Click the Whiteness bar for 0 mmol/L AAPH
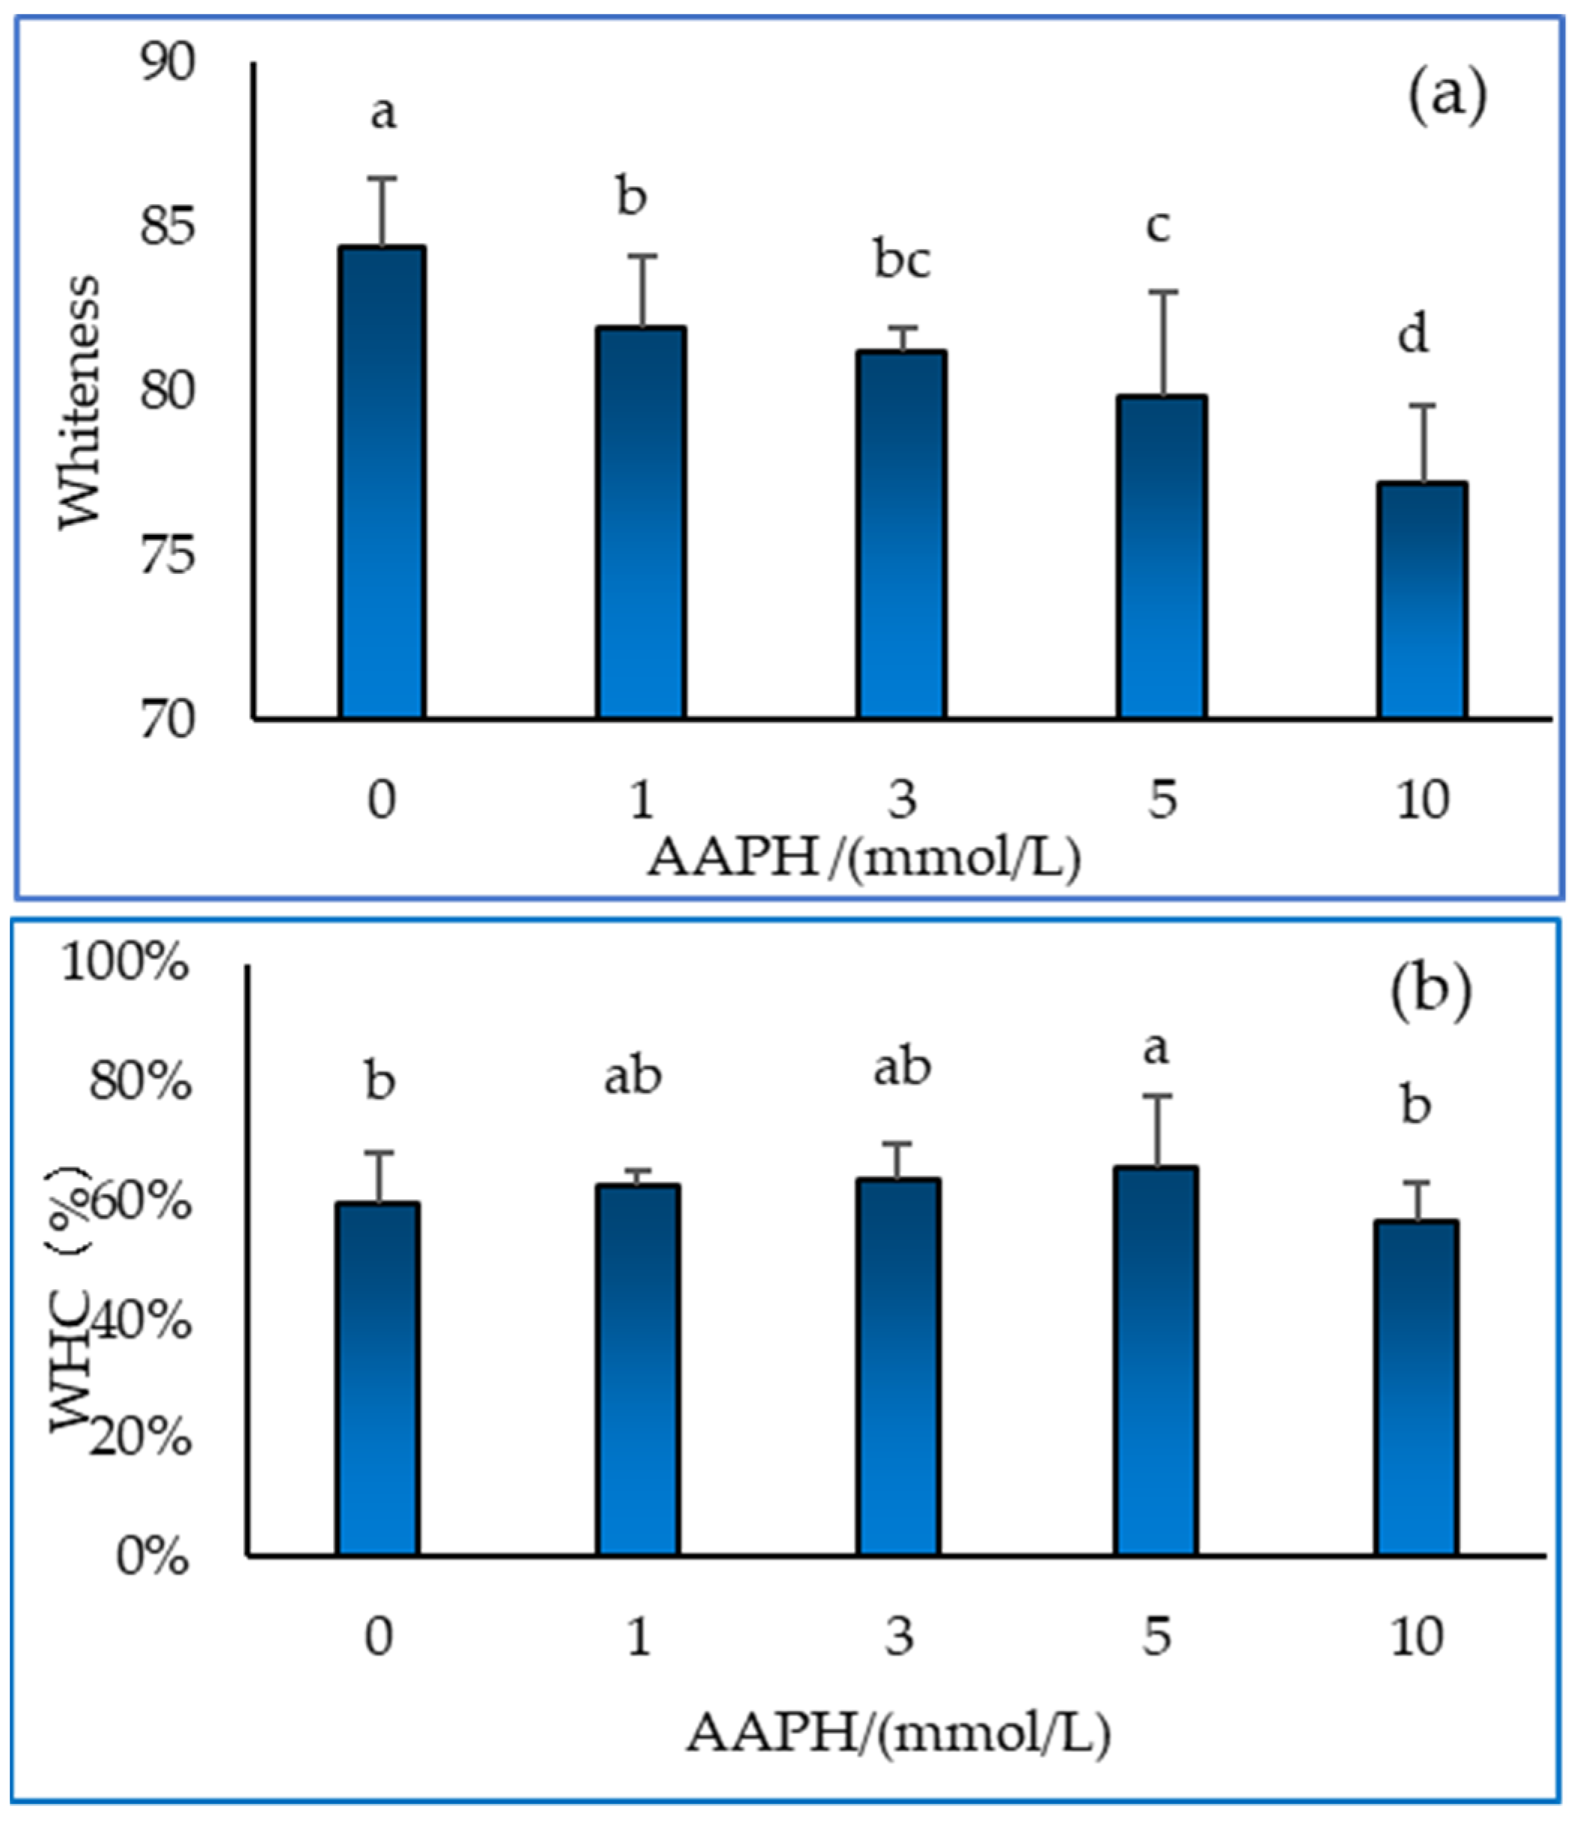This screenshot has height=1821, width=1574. (382, 483)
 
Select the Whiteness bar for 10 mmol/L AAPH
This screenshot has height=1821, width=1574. (1421, 602)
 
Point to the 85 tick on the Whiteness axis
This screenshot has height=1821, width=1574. (167, 227)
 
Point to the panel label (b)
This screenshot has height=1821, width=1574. (1430, 991)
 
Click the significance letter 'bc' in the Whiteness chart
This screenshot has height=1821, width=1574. (902, 261)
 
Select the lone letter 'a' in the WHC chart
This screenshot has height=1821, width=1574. (1156, 1047)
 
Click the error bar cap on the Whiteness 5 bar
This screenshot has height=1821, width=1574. (1162, 292)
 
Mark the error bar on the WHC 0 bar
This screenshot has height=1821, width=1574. (378, 1177)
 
